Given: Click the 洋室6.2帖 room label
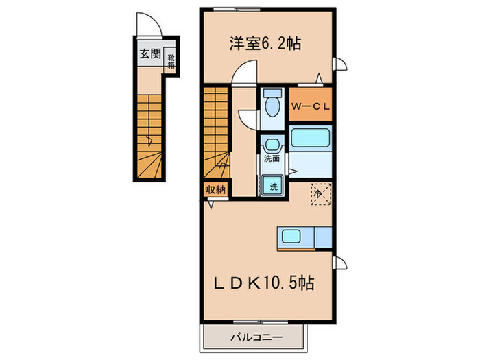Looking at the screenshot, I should coord(265,43).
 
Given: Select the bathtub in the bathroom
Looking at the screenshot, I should coord(311,139).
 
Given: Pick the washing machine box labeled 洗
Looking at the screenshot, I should coord(273,185).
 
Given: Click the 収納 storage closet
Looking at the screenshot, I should coord(215,190).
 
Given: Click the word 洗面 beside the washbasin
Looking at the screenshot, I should coord(272,159).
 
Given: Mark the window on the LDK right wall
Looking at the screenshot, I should coord(338,263).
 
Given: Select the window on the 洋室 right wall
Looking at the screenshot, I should coord(338,66).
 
